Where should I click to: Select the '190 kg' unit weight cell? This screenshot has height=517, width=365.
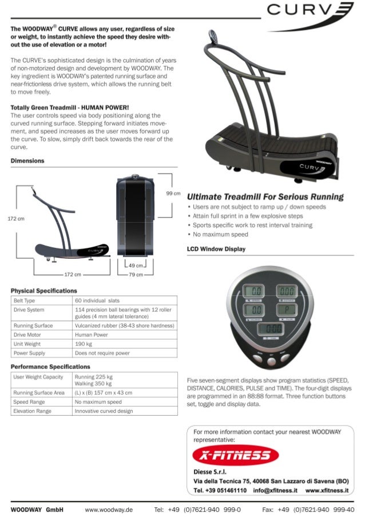click(84, 344)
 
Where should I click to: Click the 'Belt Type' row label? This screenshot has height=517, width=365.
click(25, 300)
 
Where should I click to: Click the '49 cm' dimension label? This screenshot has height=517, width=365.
click(135, 265)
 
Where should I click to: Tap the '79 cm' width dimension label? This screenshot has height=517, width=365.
click(136, 275)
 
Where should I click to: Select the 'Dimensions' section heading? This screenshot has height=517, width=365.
click(27, 160)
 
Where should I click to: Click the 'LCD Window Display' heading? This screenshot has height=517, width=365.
click(216, 249)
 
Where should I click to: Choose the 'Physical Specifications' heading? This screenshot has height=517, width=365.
click(44, 291)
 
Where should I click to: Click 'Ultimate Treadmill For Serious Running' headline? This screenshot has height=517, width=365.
click(265, 197)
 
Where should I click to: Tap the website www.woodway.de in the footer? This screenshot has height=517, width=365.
click(109, 509)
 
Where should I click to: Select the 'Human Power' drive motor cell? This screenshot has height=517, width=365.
click(92, 335)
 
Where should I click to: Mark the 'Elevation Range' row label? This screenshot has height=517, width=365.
click(33, 411)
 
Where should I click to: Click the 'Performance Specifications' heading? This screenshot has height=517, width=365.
click(50, 366)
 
